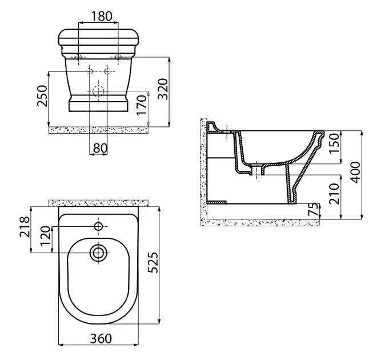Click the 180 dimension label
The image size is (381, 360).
pyautogui.click(x=102, y=16)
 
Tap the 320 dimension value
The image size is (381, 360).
pyautogui.click(x=163, y=89)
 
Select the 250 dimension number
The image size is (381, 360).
pyautogui.click(x=42, y=96)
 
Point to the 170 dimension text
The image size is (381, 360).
pyautogui.click(x=142, y=105)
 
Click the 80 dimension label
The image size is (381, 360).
pyautogui.click(x=100, y=148)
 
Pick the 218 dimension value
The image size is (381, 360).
pyautogui.click(x=25, y=227)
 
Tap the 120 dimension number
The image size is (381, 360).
pyautogui.click(x=46, y=236)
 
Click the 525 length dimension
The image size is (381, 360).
pyautogui.click(x=153, y=262)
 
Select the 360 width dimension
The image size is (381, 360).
pyautogui.click(x=101, y=338)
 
